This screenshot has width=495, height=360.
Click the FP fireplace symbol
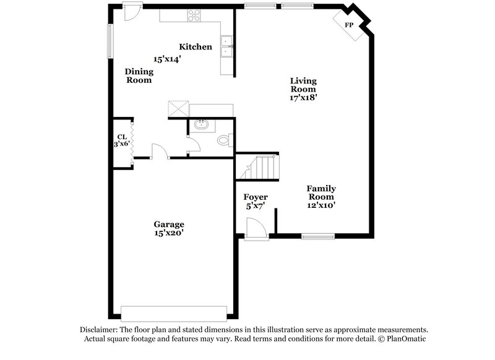tap(349, 25)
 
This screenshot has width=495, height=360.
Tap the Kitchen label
tap(196, 47)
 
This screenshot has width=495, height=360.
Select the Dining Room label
tap(139, 75)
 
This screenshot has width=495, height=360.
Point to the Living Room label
tap(303, 85)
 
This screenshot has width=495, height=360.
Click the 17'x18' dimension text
tap(303, 97)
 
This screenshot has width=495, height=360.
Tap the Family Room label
tap(322, 192)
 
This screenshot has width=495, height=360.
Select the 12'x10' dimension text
tap(322, 205)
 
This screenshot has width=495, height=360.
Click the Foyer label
tap(255, 198)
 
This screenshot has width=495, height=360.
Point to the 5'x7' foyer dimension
tap(255, 207)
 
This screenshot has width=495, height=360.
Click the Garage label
tap(169, 224)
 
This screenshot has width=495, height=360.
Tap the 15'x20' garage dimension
tap(169, 233)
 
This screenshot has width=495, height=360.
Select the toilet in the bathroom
tap(224, 140)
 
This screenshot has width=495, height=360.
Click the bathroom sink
tap(200, 126)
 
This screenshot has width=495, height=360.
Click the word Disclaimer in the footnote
tap(99, 330)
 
